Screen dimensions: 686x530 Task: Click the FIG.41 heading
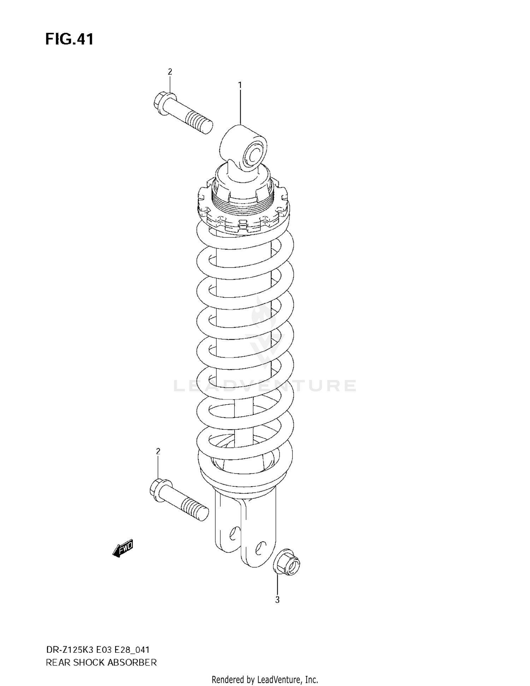click(x=69, y=39)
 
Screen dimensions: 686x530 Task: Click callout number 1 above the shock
click(x=240, y=85)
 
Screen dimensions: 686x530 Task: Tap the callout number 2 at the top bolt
click(x=170, y=72)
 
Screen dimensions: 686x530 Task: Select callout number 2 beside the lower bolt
click(x=158, y=451)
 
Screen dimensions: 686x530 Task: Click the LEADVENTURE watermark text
click(x=265, y=386)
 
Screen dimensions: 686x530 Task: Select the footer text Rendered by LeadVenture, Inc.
click(x=265, y=679)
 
